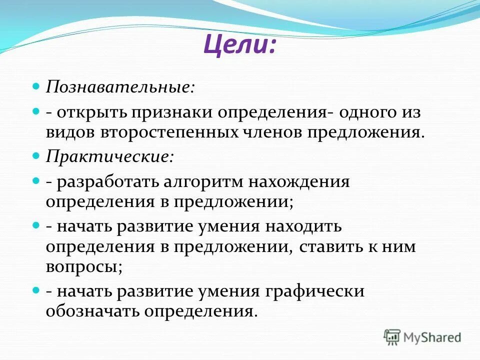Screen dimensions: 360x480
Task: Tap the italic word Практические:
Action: tap(110, 156)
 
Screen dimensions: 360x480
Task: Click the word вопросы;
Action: tap(84, 267)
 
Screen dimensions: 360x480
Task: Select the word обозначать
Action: tap(93, 311)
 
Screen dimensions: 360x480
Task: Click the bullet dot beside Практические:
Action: tap(35, 156)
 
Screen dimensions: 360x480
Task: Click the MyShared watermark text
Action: tap(432, 337)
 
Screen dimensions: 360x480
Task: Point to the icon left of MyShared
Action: tap(392, 336)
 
